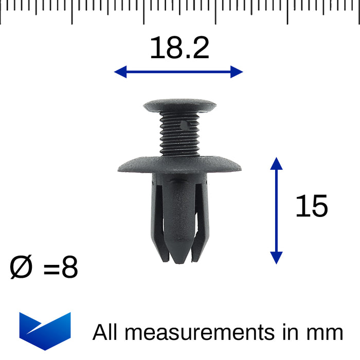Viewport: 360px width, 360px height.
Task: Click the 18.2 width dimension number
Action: pyautogui.click(x=179, y=48)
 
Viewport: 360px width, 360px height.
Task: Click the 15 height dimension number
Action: pyautogui.click(x=311, y=206)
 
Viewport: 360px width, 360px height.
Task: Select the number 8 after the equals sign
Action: pyautogui.click(x=69, y=268)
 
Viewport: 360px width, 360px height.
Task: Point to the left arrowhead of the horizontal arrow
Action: pyautogui.click(x=120, y=71)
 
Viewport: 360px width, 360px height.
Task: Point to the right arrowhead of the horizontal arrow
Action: pyautogui.click(x=237, y=71)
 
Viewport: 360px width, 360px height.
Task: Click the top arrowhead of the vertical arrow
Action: pyautogui.click(x=277, y=164)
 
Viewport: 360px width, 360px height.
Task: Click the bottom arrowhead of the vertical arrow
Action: pyautogui.click(x=277, y=258)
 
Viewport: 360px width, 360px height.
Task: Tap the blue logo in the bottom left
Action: pyautogui.click(x=45, y=330)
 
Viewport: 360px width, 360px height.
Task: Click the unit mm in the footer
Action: pyautogui.click(x=325, y=333)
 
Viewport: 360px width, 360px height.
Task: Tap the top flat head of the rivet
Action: pyautogui.click(x=179, y=105)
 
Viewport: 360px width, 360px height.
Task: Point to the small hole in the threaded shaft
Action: pyautogui.click(x=186, y=124)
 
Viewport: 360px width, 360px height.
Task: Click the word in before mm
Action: pyautogui.click(x=290, y=332)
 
